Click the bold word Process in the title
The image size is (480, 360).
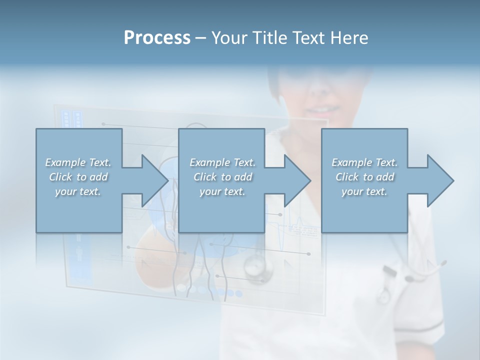(x=157, y=37)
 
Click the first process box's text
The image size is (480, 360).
(x=78, y=177)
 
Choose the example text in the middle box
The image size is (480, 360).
(x=222, y=177)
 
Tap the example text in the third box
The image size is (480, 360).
(x=364, y=177)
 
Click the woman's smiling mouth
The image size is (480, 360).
(x=320, y=109)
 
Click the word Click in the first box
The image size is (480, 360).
(x=60, y=177)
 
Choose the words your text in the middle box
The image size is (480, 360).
(x=222, y=191)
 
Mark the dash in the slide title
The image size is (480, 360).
(x=201, y=38)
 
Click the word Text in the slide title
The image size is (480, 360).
(x=306, y=37)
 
